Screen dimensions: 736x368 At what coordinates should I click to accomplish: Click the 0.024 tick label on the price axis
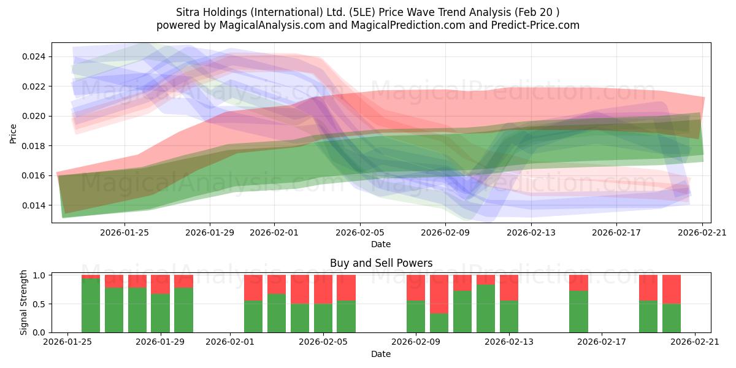(34, 57)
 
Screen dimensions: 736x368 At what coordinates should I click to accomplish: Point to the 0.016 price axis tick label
(34, 176)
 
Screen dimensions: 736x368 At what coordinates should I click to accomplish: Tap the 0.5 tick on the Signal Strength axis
(39, 304)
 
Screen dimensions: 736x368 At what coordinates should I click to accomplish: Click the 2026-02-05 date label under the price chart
(360, 232)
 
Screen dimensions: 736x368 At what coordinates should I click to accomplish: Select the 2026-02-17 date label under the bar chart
(602, 342)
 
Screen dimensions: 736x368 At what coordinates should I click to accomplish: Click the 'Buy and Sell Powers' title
(381, 263)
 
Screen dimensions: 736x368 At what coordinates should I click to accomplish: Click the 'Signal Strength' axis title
(23, 302)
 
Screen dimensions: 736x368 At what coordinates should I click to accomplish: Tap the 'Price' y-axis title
(13, 134)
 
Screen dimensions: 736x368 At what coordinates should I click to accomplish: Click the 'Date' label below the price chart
(381, 245)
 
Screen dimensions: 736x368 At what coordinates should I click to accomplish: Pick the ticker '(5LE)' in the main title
(362, 12)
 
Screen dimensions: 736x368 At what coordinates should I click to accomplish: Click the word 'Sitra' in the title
(187, 12)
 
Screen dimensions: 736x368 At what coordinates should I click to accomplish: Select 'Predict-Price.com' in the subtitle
(535, 25)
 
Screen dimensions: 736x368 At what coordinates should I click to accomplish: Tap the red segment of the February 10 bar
(439, 294)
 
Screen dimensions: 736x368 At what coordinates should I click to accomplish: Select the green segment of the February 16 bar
(578, 312)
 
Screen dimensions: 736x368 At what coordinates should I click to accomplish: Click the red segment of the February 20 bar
(671, 289)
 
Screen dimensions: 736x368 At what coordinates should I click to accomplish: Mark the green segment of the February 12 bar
(486, 308)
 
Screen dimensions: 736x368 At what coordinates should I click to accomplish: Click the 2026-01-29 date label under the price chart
(210, 232)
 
